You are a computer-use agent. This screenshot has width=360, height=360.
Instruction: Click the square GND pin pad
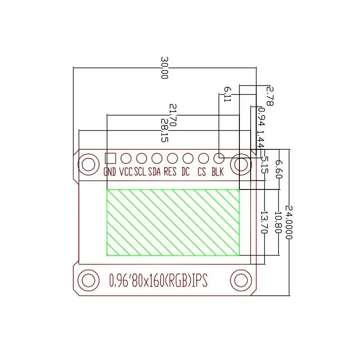pos(110,158)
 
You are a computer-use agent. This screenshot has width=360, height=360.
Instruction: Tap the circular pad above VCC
pos(126,158)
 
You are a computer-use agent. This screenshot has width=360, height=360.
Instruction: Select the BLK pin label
pos(218,171)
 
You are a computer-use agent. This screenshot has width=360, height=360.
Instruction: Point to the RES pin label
pos(170,171)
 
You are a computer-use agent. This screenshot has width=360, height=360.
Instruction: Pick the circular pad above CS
pos(203,158)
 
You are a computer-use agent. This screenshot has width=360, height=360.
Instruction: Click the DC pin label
pos(186,171)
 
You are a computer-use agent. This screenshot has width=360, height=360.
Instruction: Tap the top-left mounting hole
pos(88,165)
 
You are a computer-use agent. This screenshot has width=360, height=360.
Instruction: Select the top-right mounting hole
pos(241,165)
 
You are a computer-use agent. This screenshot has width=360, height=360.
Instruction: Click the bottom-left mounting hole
pos(88,280)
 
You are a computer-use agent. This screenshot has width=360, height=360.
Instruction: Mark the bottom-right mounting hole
pos(241,280)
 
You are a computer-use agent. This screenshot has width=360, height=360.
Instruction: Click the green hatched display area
pos(173,222)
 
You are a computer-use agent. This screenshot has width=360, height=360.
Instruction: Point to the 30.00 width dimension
pos(165,68)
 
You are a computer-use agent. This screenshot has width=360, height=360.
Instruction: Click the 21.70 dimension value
pos(173,115)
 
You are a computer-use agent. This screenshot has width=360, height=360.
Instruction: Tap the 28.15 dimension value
pos(165,130)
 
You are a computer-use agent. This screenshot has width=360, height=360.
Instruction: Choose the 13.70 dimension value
pos(265,222)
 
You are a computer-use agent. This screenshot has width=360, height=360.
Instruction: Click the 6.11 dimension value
pos(227,94)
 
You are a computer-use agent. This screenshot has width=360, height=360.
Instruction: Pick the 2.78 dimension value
pos(270,95)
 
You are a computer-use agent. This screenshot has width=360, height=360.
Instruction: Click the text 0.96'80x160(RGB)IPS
pos(158,280)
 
